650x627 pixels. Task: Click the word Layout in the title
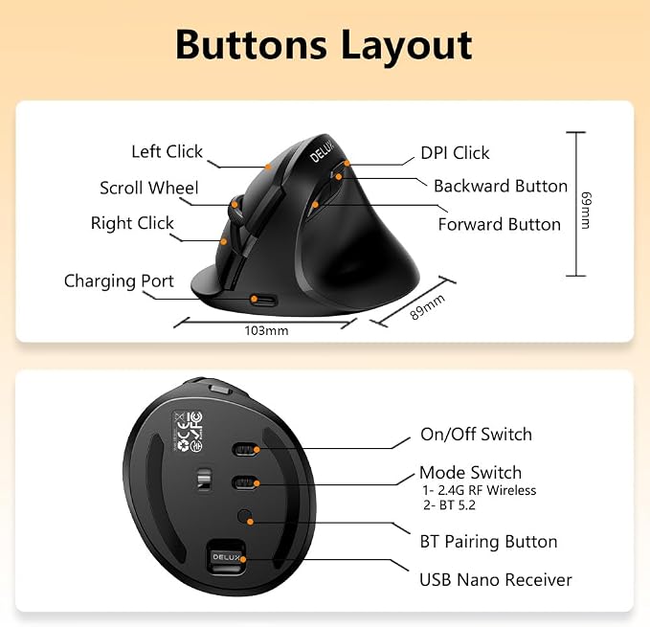tap(406, 46)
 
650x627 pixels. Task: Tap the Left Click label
tap(168, 151)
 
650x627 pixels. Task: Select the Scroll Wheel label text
tap(149, 188)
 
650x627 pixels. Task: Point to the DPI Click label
tap(455, 153)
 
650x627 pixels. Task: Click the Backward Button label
tap(501, 186)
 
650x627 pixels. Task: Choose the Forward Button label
tap(500, 224)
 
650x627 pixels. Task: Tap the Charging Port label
tap(119, 281)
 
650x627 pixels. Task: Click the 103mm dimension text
tap(266, 330)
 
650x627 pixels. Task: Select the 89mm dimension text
tap(427, 306)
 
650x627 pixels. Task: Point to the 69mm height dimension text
tap(586, 210)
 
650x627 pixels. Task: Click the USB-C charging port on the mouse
tap(263, 300)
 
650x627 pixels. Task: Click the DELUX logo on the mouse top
tap(322, 151)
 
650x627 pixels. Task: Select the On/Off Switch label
tap(476, 435)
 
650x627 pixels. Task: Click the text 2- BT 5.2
tap(449, 505)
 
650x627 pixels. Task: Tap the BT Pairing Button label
tap(488, 542)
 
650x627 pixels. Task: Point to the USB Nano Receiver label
tap(495, 580)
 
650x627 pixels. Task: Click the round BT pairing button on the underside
tap(245, 516)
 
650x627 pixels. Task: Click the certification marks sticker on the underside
tap(188, 431)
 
